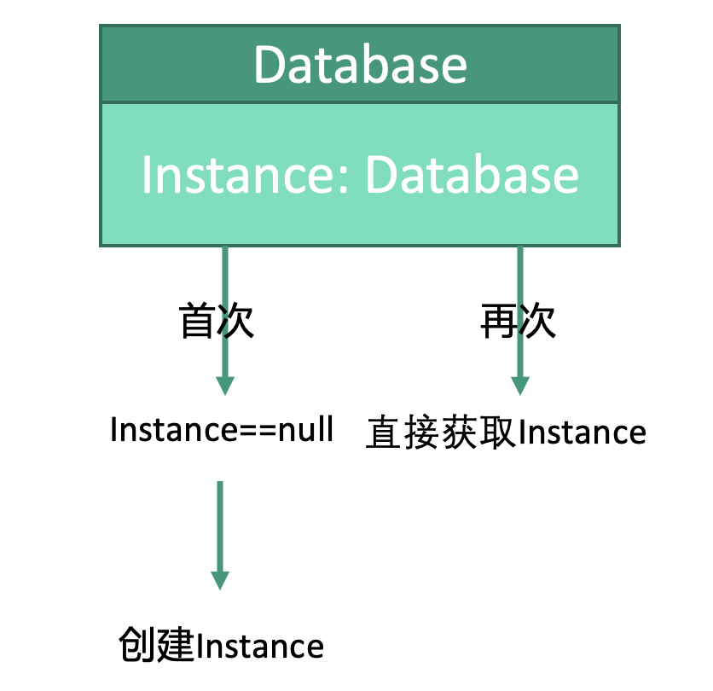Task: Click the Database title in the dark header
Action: coord(360,65)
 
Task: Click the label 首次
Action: coord(217,321)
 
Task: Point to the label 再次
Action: coord(519,321)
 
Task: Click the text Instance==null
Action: coord(222,430)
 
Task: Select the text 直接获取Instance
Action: coord(506,433)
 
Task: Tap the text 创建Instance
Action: coord(222,645)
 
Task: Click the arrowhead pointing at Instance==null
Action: coord(223,386)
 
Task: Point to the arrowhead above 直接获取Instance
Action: coord(519,386)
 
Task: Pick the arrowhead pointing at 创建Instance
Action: coord(220,580)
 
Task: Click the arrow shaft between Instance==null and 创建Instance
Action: coord(220,525)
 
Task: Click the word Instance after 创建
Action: coord(260,646)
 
